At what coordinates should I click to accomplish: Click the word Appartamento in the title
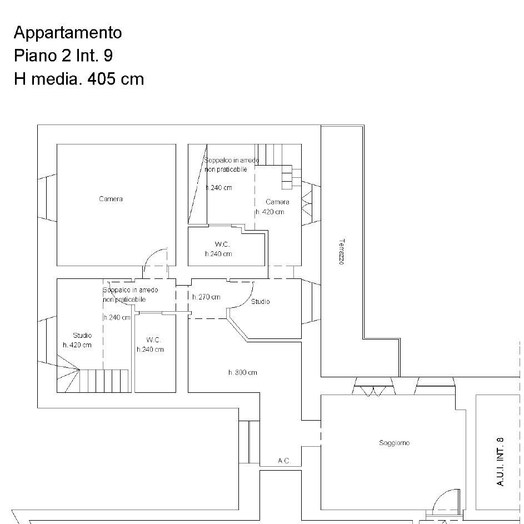68,33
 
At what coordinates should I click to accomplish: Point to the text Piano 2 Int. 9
63,55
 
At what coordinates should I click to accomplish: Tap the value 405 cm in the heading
116,79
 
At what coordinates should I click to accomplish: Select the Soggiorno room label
394,443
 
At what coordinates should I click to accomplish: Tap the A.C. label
284,461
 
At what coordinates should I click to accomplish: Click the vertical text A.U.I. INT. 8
500,462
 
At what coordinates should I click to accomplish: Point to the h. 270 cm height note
206,297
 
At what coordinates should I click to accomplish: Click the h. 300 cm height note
243,372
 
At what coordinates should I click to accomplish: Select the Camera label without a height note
111,199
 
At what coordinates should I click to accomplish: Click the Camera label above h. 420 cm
277,202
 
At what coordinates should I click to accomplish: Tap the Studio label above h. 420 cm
82,335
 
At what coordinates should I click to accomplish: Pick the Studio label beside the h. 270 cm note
260,301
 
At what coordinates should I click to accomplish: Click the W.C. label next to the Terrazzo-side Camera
222,244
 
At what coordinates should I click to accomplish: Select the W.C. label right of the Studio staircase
153,340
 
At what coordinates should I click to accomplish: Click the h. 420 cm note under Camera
270,212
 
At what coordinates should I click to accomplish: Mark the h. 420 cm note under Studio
77,345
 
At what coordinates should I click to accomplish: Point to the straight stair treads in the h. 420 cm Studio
104,381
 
